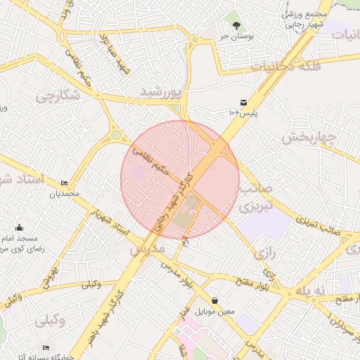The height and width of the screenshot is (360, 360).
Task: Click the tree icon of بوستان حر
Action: pyautogui.click(x=236, y=25)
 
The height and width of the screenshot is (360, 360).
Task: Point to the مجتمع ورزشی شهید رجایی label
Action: pyautogui.click(x=305, y=19)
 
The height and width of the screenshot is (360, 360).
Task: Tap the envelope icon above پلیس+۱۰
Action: pyautogui.click(x=243, y=102)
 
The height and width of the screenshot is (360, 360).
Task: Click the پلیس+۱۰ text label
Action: pyautogui.click(x=243, y=112)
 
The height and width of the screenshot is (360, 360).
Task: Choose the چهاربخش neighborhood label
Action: pyautogui.click(x=310, y=137)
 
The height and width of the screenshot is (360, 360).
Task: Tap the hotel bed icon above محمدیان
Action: pyautogui.click(x=65, y=183)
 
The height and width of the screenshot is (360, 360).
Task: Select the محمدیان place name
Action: pyautogui.click(x=65, y=193)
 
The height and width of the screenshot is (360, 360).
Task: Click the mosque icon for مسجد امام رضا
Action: pyautogui.click(x=19, y=227)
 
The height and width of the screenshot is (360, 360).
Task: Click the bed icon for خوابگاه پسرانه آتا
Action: pyautogui.click(x=46, y=347)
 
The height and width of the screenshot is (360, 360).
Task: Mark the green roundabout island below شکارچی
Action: pyautogui.click(x=116, y=134)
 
